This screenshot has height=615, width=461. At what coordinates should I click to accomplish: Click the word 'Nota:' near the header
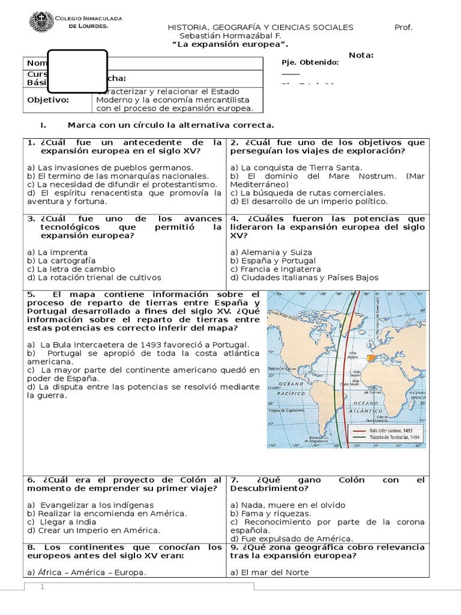(361, 55)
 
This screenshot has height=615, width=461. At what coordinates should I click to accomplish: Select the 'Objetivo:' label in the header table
(48, 100)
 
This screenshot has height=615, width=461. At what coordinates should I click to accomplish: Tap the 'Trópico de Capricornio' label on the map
(285, 411)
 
